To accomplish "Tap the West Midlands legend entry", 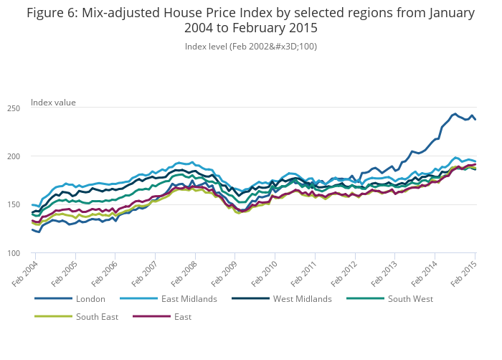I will [302, 298].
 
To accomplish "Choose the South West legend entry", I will [410, 298].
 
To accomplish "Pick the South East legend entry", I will [97, 316].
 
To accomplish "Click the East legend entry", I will [182, 316].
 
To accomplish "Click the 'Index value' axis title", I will [53, 103].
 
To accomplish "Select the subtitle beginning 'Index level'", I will [251, 46].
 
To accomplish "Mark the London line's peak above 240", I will [455, 113].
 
